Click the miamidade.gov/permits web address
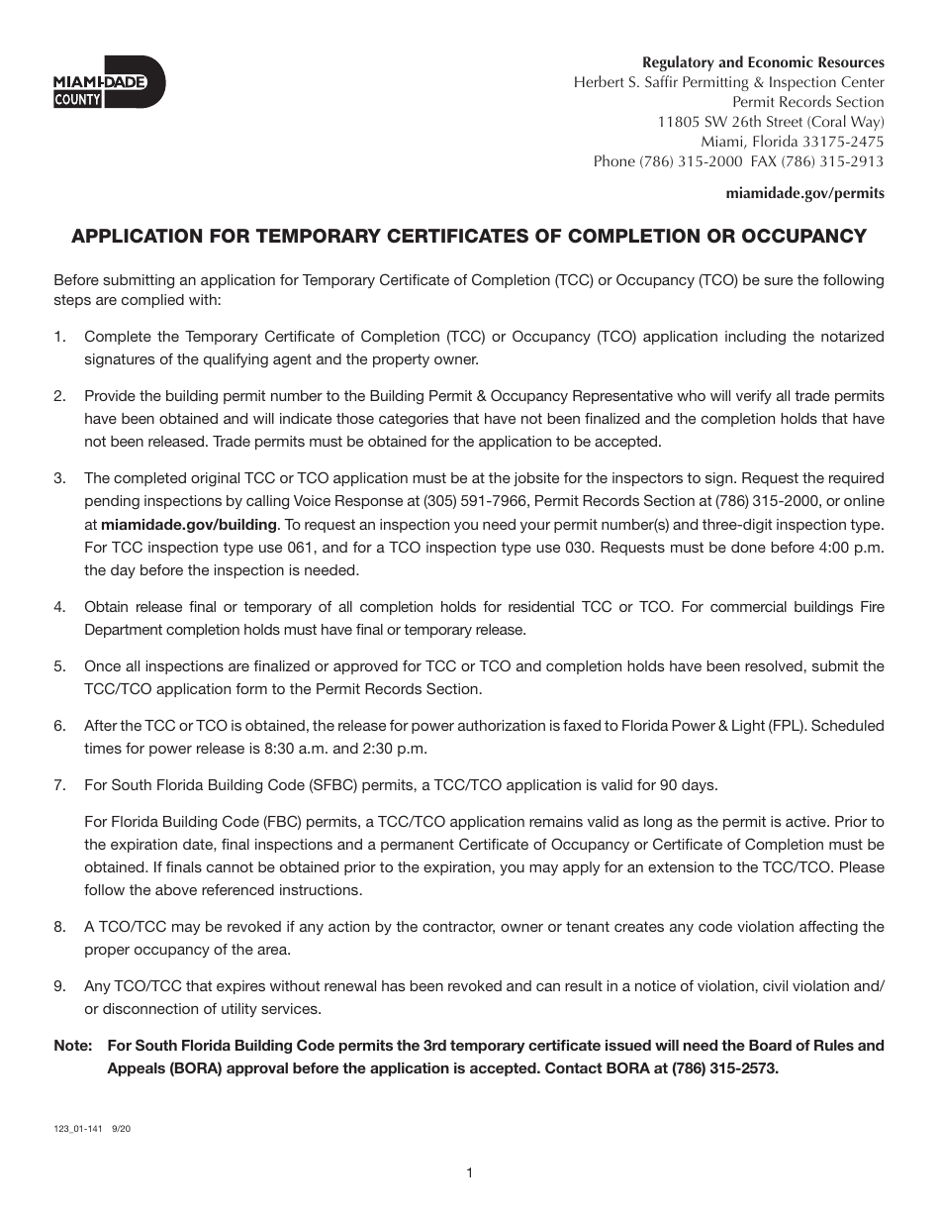(804, 194)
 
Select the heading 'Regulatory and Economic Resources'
(764, 62)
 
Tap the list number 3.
(59, 478)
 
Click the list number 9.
(59, 985)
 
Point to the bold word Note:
(73, 1046)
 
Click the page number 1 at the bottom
(469, 1173)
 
